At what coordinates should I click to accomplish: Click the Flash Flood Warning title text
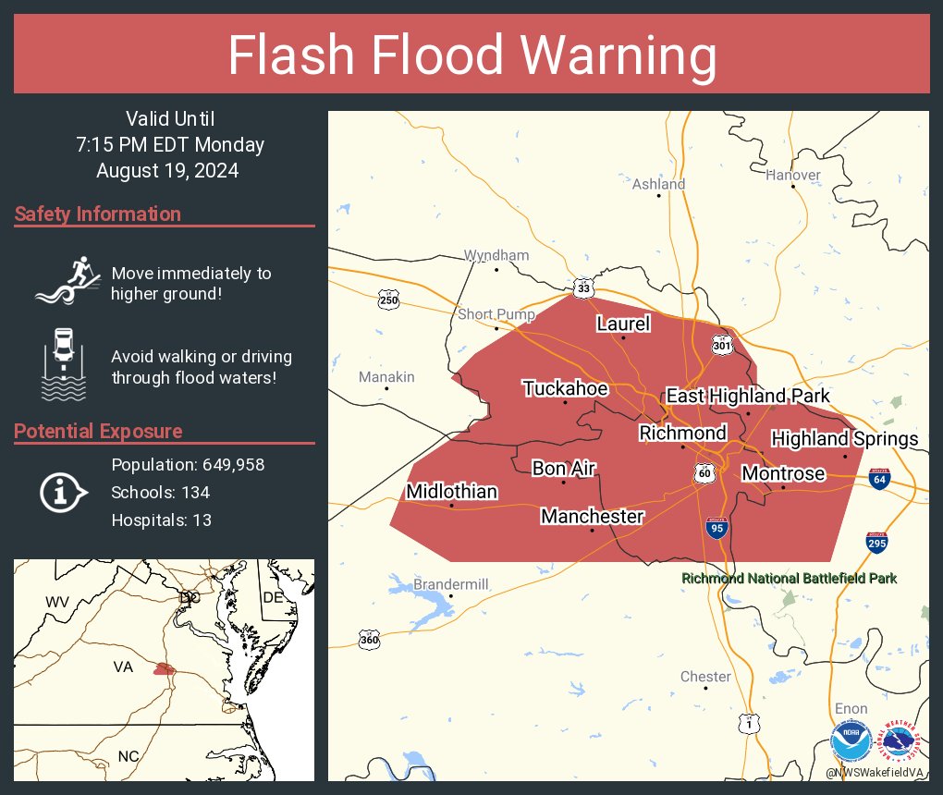tap(471, 55)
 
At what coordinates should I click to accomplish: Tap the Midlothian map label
tap(452, 492)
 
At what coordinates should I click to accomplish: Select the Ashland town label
tap(658, 184)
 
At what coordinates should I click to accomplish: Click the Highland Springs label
tap(844, 438)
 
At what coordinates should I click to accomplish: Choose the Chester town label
tap(705, 677)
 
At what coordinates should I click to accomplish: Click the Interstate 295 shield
tap(877, 543)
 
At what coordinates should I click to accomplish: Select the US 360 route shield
tap(369, 639)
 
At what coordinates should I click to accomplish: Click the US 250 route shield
tap(388, 299)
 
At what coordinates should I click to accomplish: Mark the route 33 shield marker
tap(582, 287)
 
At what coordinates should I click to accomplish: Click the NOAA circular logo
tap(851, 741)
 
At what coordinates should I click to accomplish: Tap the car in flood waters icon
tap(64, 363)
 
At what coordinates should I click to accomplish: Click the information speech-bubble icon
tap(63, 492)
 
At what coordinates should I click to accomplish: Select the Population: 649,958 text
tap(188, 464)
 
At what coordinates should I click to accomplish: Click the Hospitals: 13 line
tap(161, 520)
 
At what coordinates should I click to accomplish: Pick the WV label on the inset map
tap(57, 602)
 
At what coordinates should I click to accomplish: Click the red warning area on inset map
tap(164, 668)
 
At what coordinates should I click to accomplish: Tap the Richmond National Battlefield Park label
tap(789, 579)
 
